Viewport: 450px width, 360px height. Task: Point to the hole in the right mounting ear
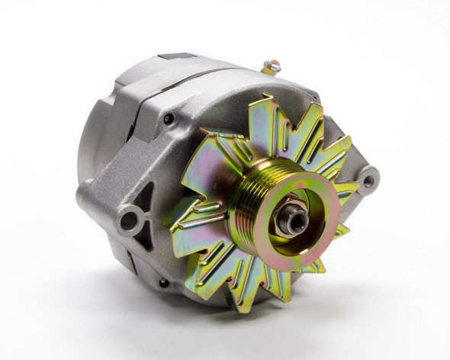pyautogui.click(x=369, y=182)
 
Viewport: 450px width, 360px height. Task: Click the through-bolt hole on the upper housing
pyautogui.click(x=168, y=118)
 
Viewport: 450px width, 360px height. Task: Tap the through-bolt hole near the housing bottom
pyautogui.click(x=163, y=282)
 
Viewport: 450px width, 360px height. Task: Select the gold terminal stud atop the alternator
pyautogui.click(x=269, y=67)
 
